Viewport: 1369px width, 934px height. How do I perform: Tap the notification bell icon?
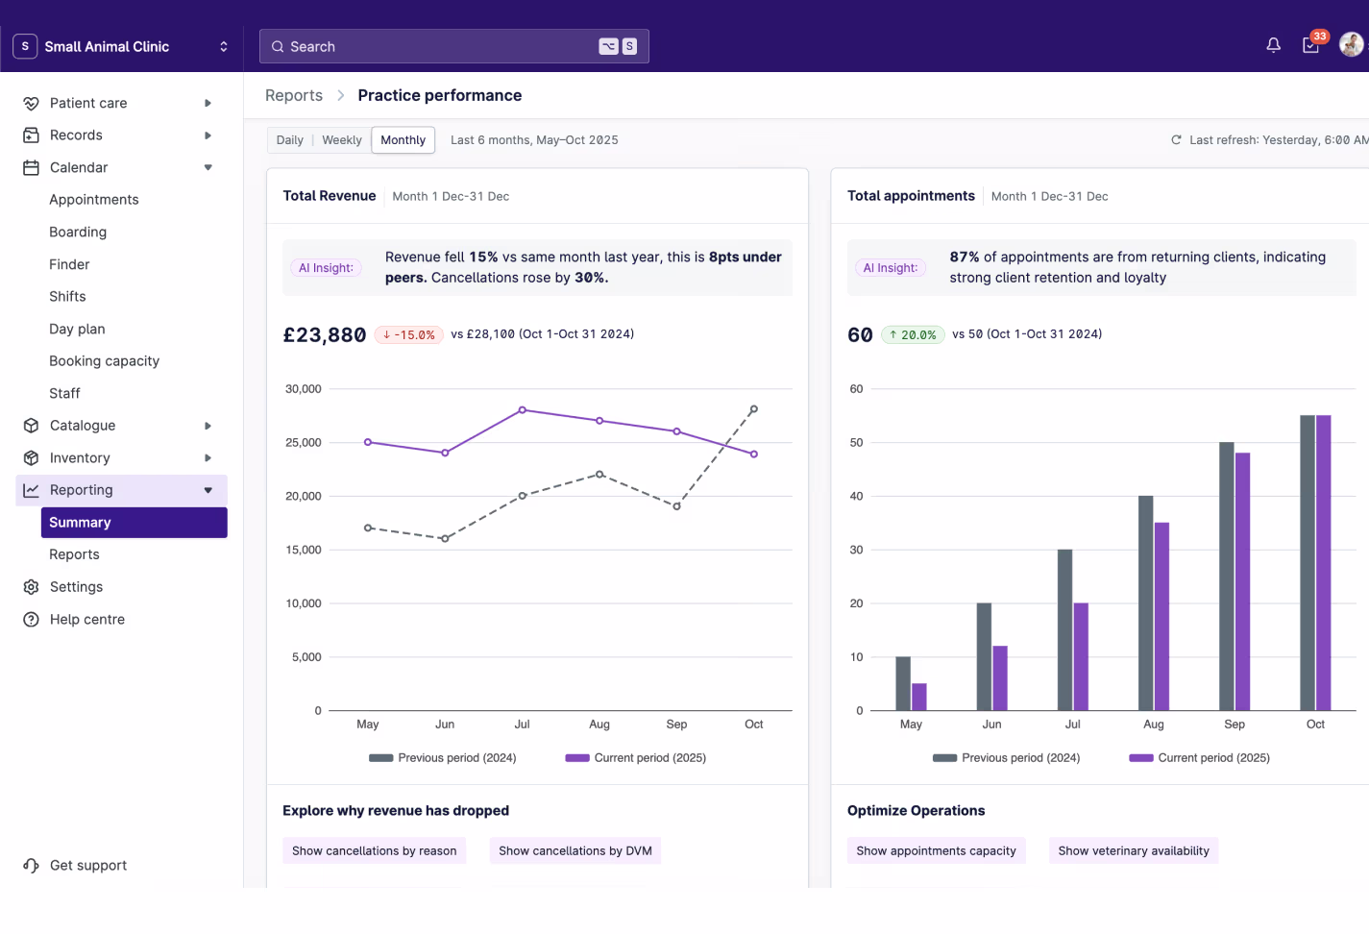tap(1273, 45)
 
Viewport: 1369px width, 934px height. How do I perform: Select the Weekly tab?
tap(341, 140)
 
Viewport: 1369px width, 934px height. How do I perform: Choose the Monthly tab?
tap(403, 140)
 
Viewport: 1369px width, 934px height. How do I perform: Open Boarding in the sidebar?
tap(78, 232)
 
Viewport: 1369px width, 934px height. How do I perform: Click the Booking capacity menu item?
tap(104, 361)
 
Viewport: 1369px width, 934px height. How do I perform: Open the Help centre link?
tap(86, 620)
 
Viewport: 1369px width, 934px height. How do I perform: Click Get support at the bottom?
tap(87, 866)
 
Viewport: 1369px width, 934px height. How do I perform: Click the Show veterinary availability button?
tap(1133, 851)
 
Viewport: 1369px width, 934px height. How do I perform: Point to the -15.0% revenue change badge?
tap(409, 335)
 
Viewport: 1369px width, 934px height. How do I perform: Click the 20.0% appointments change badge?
tap(913, 335)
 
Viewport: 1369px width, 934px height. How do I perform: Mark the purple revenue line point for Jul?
tap(523, 410)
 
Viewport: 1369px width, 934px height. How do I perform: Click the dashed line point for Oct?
tap(754, 409)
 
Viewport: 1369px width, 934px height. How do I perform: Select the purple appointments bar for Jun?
tap(1000, 677)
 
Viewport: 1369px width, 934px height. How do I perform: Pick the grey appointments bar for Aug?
tap(1145, 602)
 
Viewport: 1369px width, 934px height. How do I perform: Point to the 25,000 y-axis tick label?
tap(303, 443)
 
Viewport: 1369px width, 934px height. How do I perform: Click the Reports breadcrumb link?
tap(294, 95)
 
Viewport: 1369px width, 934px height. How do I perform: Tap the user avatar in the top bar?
tap(1351, 45)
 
